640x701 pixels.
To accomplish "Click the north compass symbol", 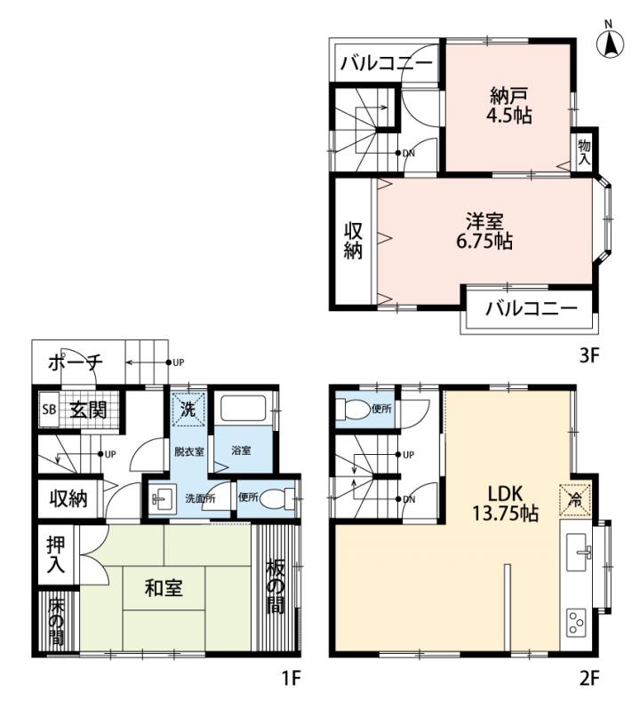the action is tap(610, 40).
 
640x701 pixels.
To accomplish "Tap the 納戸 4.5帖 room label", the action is tap(509, 106).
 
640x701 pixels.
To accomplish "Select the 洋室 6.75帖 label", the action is tap(484, 231).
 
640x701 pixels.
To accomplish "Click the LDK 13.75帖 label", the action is tap(506, 504).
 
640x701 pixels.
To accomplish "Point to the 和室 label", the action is tap(164, 588).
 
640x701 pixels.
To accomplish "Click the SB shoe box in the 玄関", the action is tap(49, 409).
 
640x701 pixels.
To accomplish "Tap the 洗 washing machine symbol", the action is tap(188, 409).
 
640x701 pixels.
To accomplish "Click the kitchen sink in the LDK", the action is tap(579, 552).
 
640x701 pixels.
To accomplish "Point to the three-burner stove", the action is tap(576, 622).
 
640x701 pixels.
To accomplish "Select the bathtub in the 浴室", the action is tap(244, 408).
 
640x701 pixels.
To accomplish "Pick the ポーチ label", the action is tap(76, 362).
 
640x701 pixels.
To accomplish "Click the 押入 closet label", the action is tap(56, 554).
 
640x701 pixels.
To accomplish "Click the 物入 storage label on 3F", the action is tap(584, 152).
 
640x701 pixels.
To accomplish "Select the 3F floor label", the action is tap(589, 356).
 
